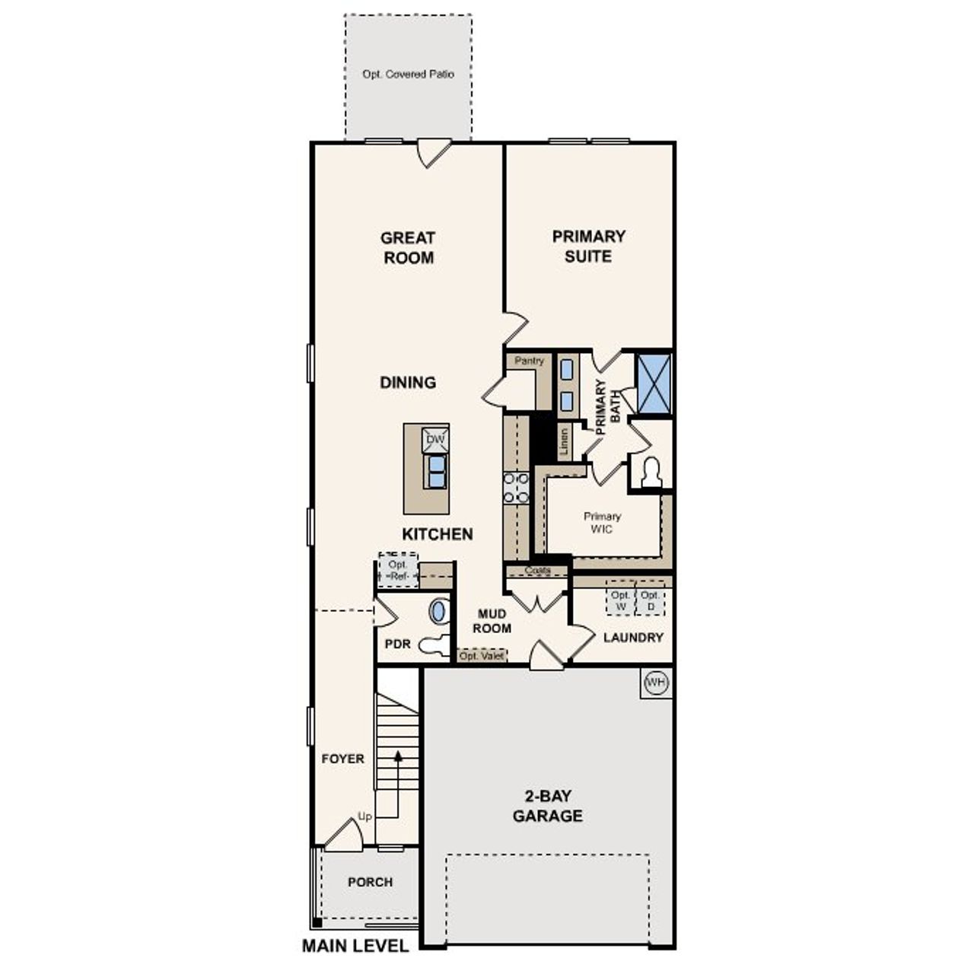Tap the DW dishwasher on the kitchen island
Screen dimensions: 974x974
pyautogui.click(x=435, y=440)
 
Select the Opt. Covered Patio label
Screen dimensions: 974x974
pyautogui.click(x=408, y=75)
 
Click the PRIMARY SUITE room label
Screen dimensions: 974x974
pyautogui.click(x=588, y=246)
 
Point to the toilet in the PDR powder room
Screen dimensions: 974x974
pyautogui.click(x=434, y=645)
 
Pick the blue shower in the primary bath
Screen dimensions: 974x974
pyautogui.click(x=654, y=384)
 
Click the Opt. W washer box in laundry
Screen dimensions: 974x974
pyautogui.click(x=620, y=600)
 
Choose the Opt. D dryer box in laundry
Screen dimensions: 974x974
pyautogui.click(x=650, y=600)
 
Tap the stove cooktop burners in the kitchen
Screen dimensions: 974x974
pyautogui.click(x=516, y=488)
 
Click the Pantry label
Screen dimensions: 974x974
pyautogui.click(x=529, y=361)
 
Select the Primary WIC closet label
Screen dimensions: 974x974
pyautogui.click(x=602, y=522)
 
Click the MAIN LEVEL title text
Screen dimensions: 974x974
pyautogui.click(x=355, y=946)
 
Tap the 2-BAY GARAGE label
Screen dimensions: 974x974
pyautogui.click(x=547, y=806)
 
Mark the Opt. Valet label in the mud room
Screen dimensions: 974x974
pyautogui.click(x=482, y=656)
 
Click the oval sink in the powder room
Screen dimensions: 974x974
pyautogui.click(x=439, y=610)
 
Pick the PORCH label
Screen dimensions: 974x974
pyautogui.click(x=370, y=882)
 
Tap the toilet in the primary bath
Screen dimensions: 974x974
pyautogui.click(x=651, y=473)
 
